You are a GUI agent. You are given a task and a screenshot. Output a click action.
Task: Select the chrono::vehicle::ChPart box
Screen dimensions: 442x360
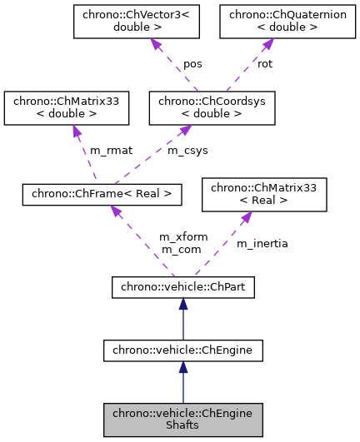[x=183, y=288]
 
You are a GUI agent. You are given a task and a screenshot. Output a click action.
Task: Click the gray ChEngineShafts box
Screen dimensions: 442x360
[x=183, y=420]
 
